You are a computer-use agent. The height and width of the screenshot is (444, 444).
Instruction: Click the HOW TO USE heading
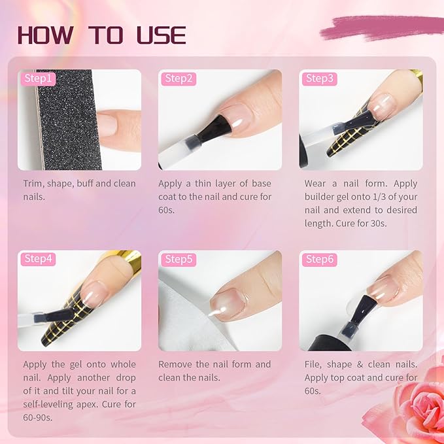click(x=102, y=35)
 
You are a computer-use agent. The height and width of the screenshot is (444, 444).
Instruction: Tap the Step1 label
click(x=38, y=78)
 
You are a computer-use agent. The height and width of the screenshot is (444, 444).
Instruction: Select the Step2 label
click(x=179, y=78)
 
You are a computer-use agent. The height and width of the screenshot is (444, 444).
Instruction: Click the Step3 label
click(x=320, y=78)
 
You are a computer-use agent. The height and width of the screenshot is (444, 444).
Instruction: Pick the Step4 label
click(x=38, y=259)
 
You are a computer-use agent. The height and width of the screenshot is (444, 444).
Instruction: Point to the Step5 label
click(x=179, y=260)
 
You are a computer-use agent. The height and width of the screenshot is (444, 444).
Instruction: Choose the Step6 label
click(x=320, y=260)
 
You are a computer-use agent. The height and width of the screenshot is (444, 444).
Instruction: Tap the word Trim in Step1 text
click(x=34, y=183)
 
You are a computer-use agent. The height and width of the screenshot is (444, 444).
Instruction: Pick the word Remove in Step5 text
click(x=177, y=364)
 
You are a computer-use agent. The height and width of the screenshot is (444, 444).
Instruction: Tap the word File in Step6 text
click(x=314, y=364)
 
